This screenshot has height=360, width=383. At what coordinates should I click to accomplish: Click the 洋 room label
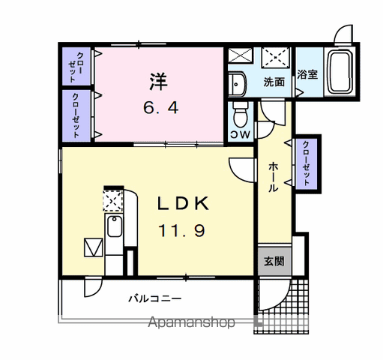point(158,81)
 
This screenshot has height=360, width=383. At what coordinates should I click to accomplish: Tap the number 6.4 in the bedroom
point(161,108)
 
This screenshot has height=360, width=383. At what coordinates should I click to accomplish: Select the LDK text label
point(183,203)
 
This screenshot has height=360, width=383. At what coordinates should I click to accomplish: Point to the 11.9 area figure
point(181,230)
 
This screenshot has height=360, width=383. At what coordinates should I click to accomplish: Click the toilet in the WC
point(240,115)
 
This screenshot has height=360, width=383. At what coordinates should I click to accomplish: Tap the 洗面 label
point(274,82)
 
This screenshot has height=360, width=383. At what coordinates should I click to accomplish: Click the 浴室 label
point(307,74)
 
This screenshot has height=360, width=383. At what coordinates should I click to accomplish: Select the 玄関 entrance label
point(274,261)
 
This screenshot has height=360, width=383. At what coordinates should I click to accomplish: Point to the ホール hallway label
point(274,177)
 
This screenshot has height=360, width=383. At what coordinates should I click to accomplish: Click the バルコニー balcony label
point(155,298)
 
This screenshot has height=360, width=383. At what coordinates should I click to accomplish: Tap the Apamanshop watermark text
point(191,322)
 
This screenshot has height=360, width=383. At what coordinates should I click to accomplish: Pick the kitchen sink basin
point(115,226)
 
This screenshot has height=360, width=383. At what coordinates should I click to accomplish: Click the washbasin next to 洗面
point(238,84)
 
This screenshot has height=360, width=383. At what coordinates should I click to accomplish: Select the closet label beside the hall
point(307,163)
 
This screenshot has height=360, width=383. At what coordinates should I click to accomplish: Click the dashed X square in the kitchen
point(113,200)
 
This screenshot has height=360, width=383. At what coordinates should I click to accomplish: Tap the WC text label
point(240,135)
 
